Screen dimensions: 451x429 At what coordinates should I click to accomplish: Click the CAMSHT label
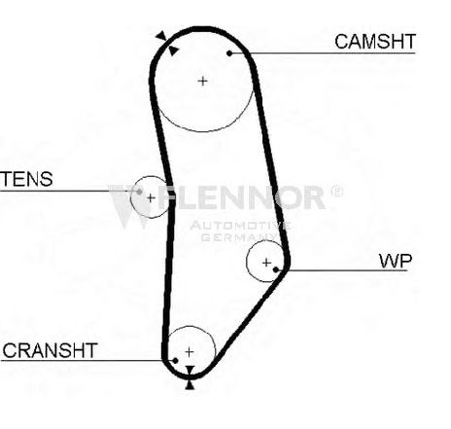click(x=375, y=42)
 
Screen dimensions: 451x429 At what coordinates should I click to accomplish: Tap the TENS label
click(x=26, y=179)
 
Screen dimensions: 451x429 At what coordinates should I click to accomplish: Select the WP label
click(x=396, y=261)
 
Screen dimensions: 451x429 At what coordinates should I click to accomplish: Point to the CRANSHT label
click(x=50, y=350)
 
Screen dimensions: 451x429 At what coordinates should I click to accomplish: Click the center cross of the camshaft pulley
click(x=203, y=81)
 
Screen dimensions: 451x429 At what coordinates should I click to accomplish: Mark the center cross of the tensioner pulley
click(x=151, y=197)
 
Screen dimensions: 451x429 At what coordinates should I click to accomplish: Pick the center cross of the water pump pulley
click(x=266, y=262)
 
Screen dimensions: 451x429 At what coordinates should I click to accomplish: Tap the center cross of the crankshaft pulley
click(x=190, y=352)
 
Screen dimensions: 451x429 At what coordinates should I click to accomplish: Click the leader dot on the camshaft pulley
click(x=229, y=54)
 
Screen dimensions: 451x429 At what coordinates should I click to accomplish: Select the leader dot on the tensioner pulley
click(x=139, y=192)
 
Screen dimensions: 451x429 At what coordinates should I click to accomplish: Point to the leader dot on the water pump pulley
click(x=276, y=269)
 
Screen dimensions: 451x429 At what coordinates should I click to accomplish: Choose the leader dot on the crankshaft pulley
click(x=175, y=361)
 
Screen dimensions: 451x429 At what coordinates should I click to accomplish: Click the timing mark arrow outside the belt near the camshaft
click(x=161, y=36)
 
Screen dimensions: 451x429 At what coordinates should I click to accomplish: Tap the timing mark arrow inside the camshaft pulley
click(x=173, y=51)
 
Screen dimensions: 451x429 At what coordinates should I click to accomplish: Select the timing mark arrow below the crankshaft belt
click(x=190, y=384)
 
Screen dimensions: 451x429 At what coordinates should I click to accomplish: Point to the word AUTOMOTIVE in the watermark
click(x=240, y=226)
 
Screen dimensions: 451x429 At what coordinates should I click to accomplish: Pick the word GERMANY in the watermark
click(x=239, y=237)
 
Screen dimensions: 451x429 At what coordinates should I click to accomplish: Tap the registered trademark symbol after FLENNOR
click(x=336, y=192)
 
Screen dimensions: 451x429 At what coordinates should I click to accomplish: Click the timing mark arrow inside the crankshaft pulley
click(x=190, y=371)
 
